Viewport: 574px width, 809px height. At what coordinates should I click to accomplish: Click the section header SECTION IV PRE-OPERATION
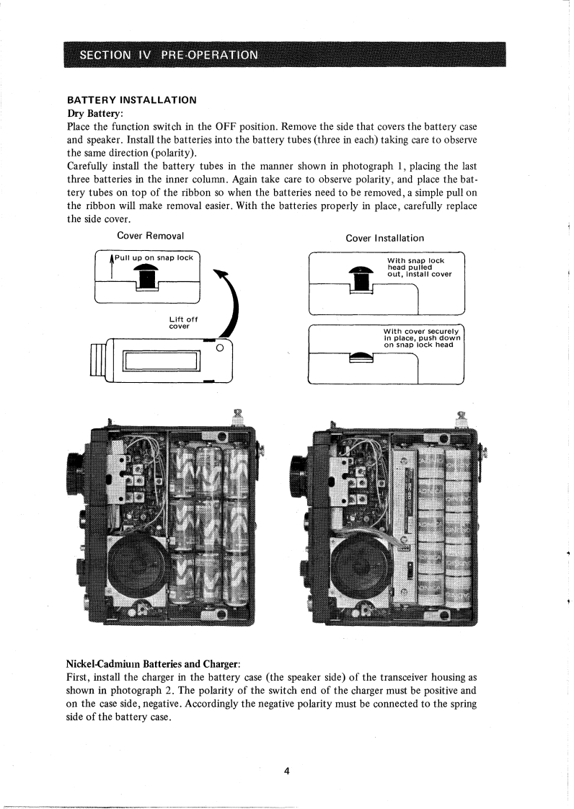[169, 55]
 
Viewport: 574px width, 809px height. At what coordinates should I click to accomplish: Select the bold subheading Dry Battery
[95, 113]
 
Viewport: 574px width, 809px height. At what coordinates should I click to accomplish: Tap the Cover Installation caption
[384, 238]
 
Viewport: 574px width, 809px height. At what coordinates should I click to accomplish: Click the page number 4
[286, 771]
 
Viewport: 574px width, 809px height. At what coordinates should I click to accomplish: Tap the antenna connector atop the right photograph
[462, 417]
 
